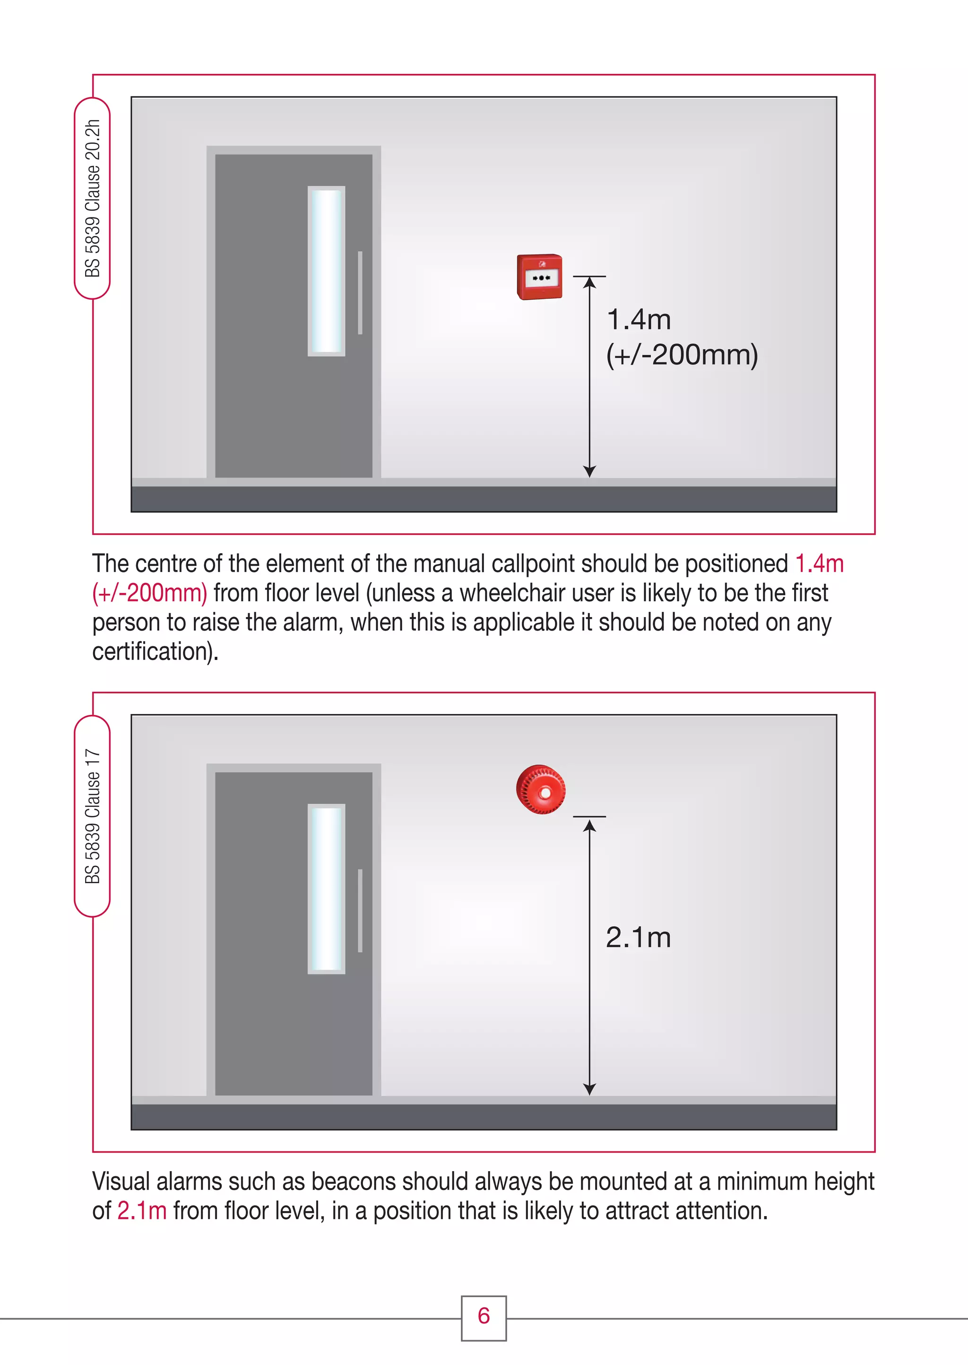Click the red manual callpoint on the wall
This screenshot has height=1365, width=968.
coord(539,277)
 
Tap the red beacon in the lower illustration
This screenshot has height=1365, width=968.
coord(541,790)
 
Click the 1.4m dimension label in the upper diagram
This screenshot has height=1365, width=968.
coord(639,320)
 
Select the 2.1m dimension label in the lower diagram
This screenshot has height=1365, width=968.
coord(639,938)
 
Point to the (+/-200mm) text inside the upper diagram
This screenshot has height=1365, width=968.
coord(681,355)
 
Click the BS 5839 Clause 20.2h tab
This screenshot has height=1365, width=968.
coord(92,199)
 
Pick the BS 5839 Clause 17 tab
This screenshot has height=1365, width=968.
coord(92,816)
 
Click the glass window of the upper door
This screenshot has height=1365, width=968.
coord(326,271)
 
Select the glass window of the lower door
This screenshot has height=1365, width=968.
coord(326,889)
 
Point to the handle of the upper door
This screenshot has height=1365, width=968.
coord(360,293)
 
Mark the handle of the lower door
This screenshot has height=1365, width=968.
coord(360,910)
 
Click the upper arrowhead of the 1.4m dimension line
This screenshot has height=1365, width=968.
coord(589,283)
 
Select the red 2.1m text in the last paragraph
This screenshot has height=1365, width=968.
coord(142,1210)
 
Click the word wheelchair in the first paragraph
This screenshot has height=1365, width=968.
coord(511,593)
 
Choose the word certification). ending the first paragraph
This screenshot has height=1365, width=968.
coord(155,652)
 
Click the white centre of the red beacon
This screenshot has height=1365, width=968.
coord(545,793)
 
